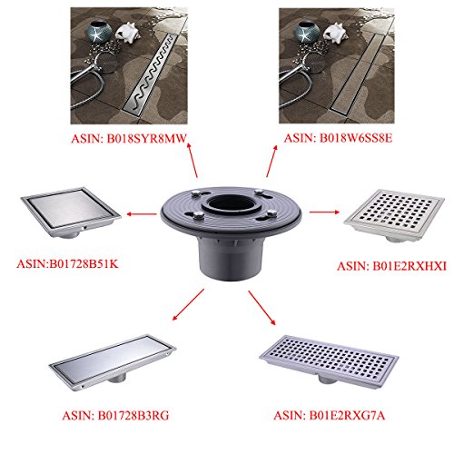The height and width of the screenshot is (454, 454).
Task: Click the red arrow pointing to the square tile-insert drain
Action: coord(142,214)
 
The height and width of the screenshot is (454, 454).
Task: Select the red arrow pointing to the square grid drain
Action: coord(324,212)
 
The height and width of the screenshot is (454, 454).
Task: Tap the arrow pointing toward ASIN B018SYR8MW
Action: coord(192,161)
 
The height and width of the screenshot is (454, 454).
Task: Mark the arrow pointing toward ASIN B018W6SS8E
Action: coord(271,161)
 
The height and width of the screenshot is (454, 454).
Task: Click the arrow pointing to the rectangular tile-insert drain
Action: coord(188,304)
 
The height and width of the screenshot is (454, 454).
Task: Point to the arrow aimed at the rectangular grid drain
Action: coord(262,308)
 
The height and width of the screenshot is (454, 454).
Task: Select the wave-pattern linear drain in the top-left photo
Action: coord(150,74)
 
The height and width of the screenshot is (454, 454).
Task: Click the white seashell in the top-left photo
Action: coord(127,32)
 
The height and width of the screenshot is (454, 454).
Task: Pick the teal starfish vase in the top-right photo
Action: coord(308,32)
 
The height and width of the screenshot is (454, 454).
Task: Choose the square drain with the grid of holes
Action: coord(394,216)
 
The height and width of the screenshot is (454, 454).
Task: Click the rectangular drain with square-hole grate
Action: coord(329,361)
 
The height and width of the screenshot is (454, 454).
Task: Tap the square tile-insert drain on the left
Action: coord(71,211)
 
